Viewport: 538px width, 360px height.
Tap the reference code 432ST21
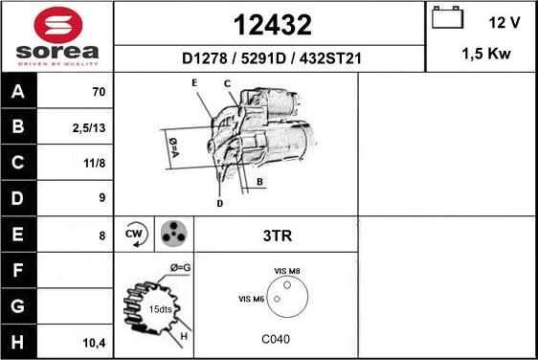coord(329,59)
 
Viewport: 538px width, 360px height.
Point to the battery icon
coord(446,19)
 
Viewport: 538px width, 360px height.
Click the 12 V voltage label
coord(504,22)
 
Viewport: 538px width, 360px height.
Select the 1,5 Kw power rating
coord(485,55)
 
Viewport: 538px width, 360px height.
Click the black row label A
coord(18,93)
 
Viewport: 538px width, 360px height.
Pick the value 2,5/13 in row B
coord(88,128)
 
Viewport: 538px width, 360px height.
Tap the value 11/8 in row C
coord(95,164)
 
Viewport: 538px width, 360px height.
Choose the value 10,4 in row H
coord(94,341)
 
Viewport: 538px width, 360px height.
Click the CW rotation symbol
coord(135,234)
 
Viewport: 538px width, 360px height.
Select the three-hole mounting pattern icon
coord(173,233)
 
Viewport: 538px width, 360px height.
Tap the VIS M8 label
coord(287,273)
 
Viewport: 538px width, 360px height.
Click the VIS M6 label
coord(252,300)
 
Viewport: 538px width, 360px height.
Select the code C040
coord(275,340)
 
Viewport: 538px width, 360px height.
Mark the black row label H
coord(18,341)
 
